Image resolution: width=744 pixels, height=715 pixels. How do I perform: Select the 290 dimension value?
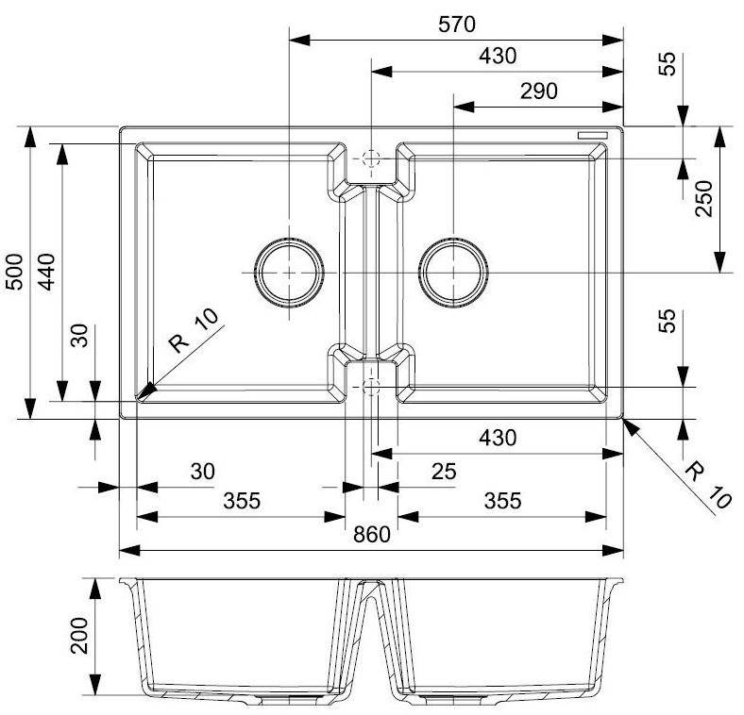(539, 91)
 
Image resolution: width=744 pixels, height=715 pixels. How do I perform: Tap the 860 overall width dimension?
(372, 535)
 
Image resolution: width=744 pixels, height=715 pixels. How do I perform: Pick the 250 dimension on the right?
(704, 199)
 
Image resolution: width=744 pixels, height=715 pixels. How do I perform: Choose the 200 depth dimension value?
(79, 637)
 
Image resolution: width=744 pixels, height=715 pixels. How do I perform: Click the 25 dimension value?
(440, 471)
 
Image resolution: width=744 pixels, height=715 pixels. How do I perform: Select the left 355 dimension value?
(243, 501)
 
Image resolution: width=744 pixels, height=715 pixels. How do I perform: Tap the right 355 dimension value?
(501, 501)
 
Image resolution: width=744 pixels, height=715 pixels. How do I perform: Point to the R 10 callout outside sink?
(706, 484)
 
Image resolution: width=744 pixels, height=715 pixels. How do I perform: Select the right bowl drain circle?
(455, 272)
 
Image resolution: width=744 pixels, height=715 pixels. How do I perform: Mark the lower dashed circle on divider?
(371, 386)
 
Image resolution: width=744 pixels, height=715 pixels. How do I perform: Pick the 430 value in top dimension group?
(498, 56)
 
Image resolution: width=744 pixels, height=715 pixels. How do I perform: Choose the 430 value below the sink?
(498, 439)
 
